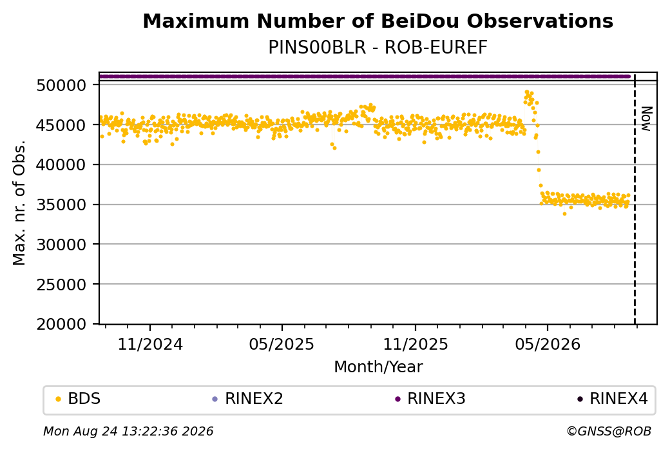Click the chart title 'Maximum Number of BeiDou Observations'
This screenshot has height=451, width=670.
pos(378,21)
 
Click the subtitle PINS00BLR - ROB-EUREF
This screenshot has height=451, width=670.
pos(378,48)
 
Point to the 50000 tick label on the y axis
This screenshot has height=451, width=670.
pos(62,86)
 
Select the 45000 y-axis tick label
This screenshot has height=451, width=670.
pos(62,125)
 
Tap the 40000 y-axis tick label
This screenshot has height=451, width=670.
pos(62,165)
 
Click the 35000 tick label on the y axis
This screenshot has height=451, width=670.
pos(62,205)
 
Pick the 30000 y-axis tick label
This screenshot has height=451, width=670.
pos(62,245)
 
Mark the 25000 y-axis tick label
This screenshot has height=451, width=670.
pos(62,285)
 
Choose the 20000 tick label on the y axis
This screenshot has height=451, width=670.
pos(62,325)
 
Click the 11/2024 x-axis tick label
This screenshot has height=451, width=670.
pos(150,345)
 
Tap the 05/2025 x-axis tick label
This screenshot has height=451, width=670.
pos(282,345)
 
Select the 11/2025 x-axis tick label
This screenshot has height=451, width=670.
pos(416,345)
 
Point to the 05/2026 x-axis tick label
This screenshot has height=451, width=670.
pos(548,345)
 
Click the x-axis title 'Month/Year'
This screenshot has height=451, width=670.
pos(378,367)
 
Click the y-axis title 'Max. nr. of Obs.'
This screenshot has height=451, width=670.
pos(19,203)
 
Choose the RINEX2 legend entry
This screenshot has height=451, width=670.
pos(248,399)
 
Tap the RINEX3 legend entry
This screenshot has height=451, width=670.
pos(430,399)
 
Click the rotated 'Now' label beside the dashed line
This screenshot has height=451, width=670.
pos(647,119)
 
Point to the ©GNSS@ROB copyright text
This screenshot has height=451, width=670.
pos(609,431)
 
